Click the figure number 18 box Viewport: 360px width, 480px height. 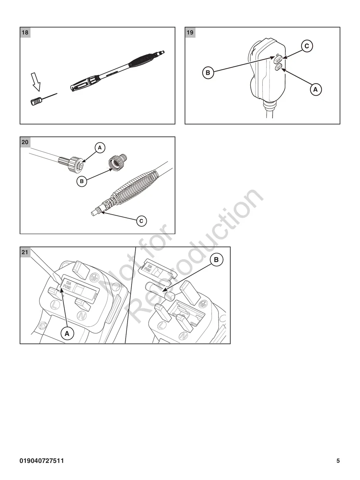point(25,33)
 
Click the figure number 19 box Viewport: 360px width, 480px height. point(190,33)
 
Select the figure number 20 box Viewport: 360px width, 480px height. point(25,142)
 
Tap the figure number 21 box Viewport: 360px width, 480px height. point(25,252)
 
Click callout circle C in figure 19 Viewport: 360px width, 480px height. point(306,46)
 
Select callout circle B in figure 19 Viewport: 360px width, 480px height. point(208,73)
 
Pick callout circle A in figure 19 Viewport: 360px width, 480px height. point(315,90)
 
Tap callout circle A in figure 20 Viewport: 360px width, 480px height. point(100,148)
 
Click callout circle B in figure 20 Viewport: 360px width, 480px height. point(81,182)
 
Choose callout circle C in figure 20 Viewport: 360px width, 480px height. point(141,221)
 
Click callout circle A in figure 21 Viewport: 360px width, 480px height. point(67,334)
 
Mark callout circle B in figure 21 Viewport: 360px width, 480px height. point(216,260)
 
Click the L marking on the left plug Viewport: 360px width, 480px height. point(54,306)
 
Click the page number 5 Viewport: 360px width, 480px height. point(338,461)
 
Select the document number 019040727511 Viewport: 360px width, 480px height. point(42,461)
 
